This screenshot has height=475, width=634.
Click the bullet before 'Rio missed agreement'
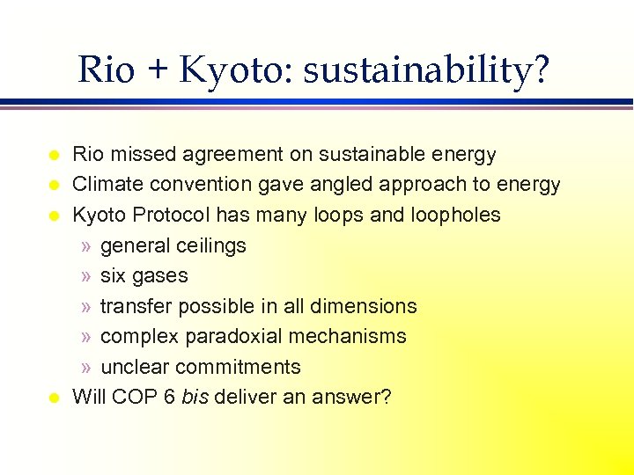click(x=53, y=156)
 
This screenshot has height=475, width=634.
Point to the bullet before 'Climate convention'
click(x=53, y=186)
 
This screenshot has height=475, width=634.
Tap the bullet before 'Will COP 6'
click(x=53, y=398)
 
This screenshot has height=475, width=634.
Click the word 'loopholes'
click(x=455, y=215)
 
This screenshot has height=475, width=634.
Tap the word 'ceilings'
click(x=210, y=245)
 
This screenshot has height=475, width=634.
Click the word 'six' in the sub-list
click(x=114, y=275)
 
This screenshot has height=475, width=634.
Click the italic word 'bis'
click(x=194, y=397)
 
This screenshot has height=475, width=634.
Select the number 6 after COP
click(x=169, y=397)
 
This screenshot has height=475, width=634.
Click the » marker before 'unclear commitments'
click(x=85, y=367)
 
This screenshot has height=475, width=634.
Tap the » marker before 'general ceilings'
click(x=85, y=245)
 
